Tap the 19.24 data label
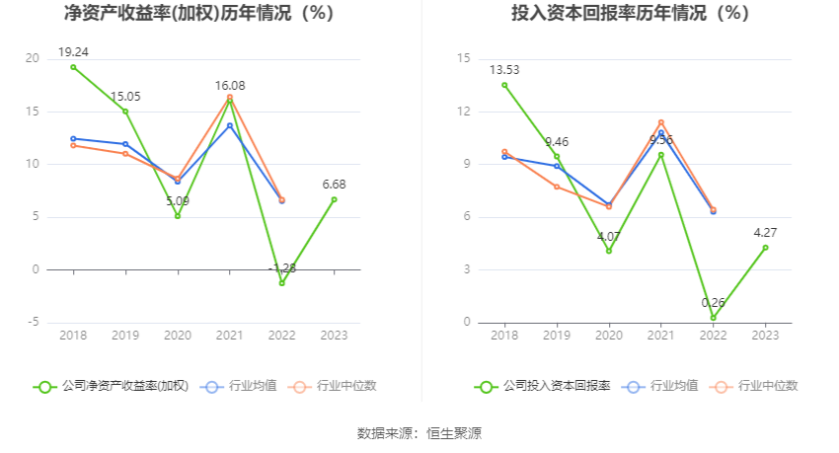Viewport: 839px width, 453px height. point(73,51)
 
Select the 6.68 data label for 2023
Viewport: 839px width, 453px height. point(334,184)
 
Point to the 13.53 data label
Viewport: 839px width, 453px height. point(504,69)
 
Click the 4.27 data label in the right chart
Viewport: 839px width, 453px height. point(765,232)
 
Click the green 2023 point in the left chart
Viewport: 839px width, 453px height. point(334,199)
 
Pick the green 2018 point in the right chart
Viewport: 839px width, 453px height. point(504,85)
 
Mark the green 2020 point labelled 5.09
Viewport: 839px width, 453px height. point(178,216)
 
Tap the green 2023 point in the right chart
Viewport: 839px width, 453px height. point(765,248)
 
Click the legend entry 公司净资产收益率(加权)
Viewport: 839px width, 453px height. point(111,387)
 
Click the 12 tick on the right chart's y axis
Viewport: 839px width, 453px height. point(464,112)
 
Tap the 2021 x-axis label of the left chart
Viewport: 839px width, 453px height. point(230,336)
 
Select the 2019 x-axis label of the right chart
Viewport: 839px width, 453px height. point(557,336)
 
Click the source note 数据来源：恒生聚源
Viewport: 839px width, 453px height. point(419,433)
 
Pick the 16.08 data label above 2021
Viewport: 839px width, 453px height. point(230,86)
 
